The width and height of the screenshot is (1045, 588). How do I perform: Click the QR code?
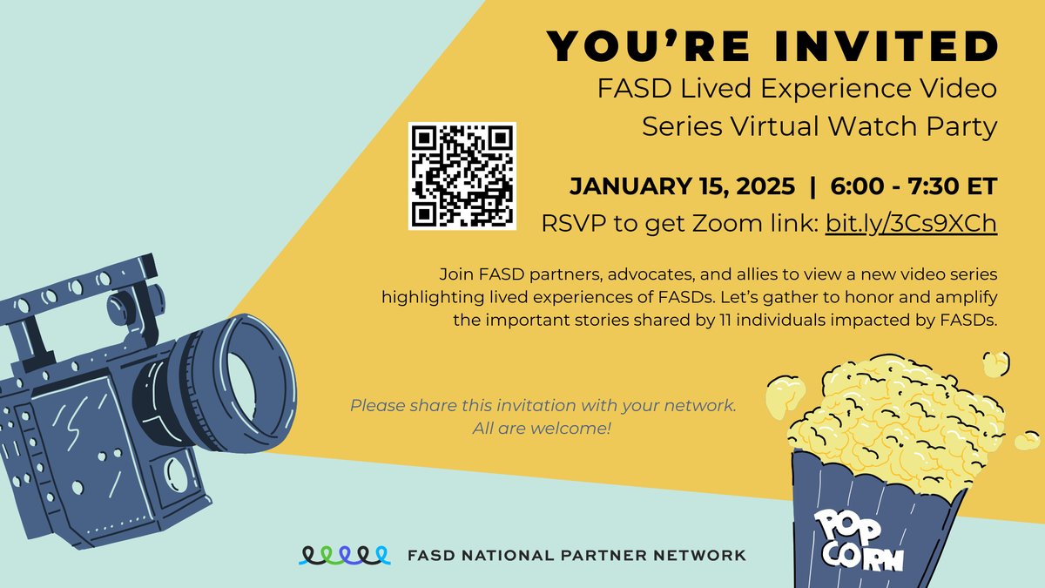pyautogui.click(x=462, y=176)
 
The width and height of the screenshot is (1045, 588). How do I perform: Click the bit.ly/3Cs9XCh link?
pyautogui.click(x=907, y=224)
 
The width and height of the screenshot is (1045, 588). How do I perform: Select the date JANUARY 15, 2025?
pyautogui.click(x=681, y=186)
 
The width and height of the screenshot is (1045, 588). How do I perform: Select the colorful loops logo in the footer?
pyautogui.click(x=343, y=555)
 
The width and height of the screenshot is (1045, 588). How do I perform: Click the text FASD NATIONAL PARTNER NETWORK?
pyautogui.click(x=577, y=555)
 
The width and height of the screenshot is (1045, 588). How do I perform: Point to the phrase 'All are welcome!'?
pyautogui.click(x=543, y=429)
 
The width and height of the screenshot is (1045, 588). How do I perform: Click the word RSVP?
pyautogui.click(x=570, y=224)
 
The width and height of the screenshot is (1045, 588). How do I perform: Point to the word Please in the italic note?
pyautogui.click(x=374, y=406)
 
